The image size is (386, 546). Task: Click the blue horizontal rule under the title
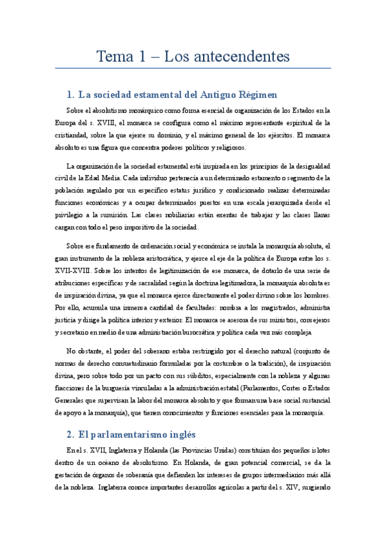click(x=193, y=68)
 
